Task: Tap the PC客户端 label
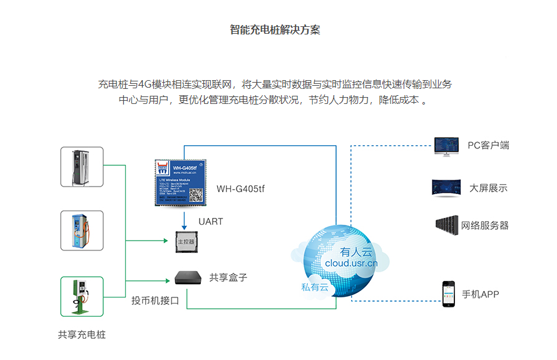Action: tap(488, 145)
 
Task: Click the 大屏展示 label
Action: tap(488, 188)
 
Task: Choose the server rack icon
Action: tap(446, 225)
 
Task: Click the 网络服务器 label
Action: tap(484, 225)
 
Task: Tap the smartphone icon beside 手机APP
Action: tap(448, 293)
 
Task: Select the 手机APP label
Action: tap(481, 294)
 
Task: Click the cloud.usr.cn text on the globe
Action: tap(351, 263)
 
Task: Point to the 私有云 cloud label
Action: tap(314, 287)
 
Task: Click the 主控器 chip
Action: tap(186, 241)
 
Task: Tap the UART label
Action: tap(210, 221)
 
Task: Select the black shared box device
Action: tap(188, 277)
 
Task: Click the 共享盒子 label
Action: tap(228, 277)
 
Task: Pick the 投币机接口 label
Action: tap(155, 301)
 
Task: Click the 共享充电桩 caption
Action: tap(82, 334)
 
